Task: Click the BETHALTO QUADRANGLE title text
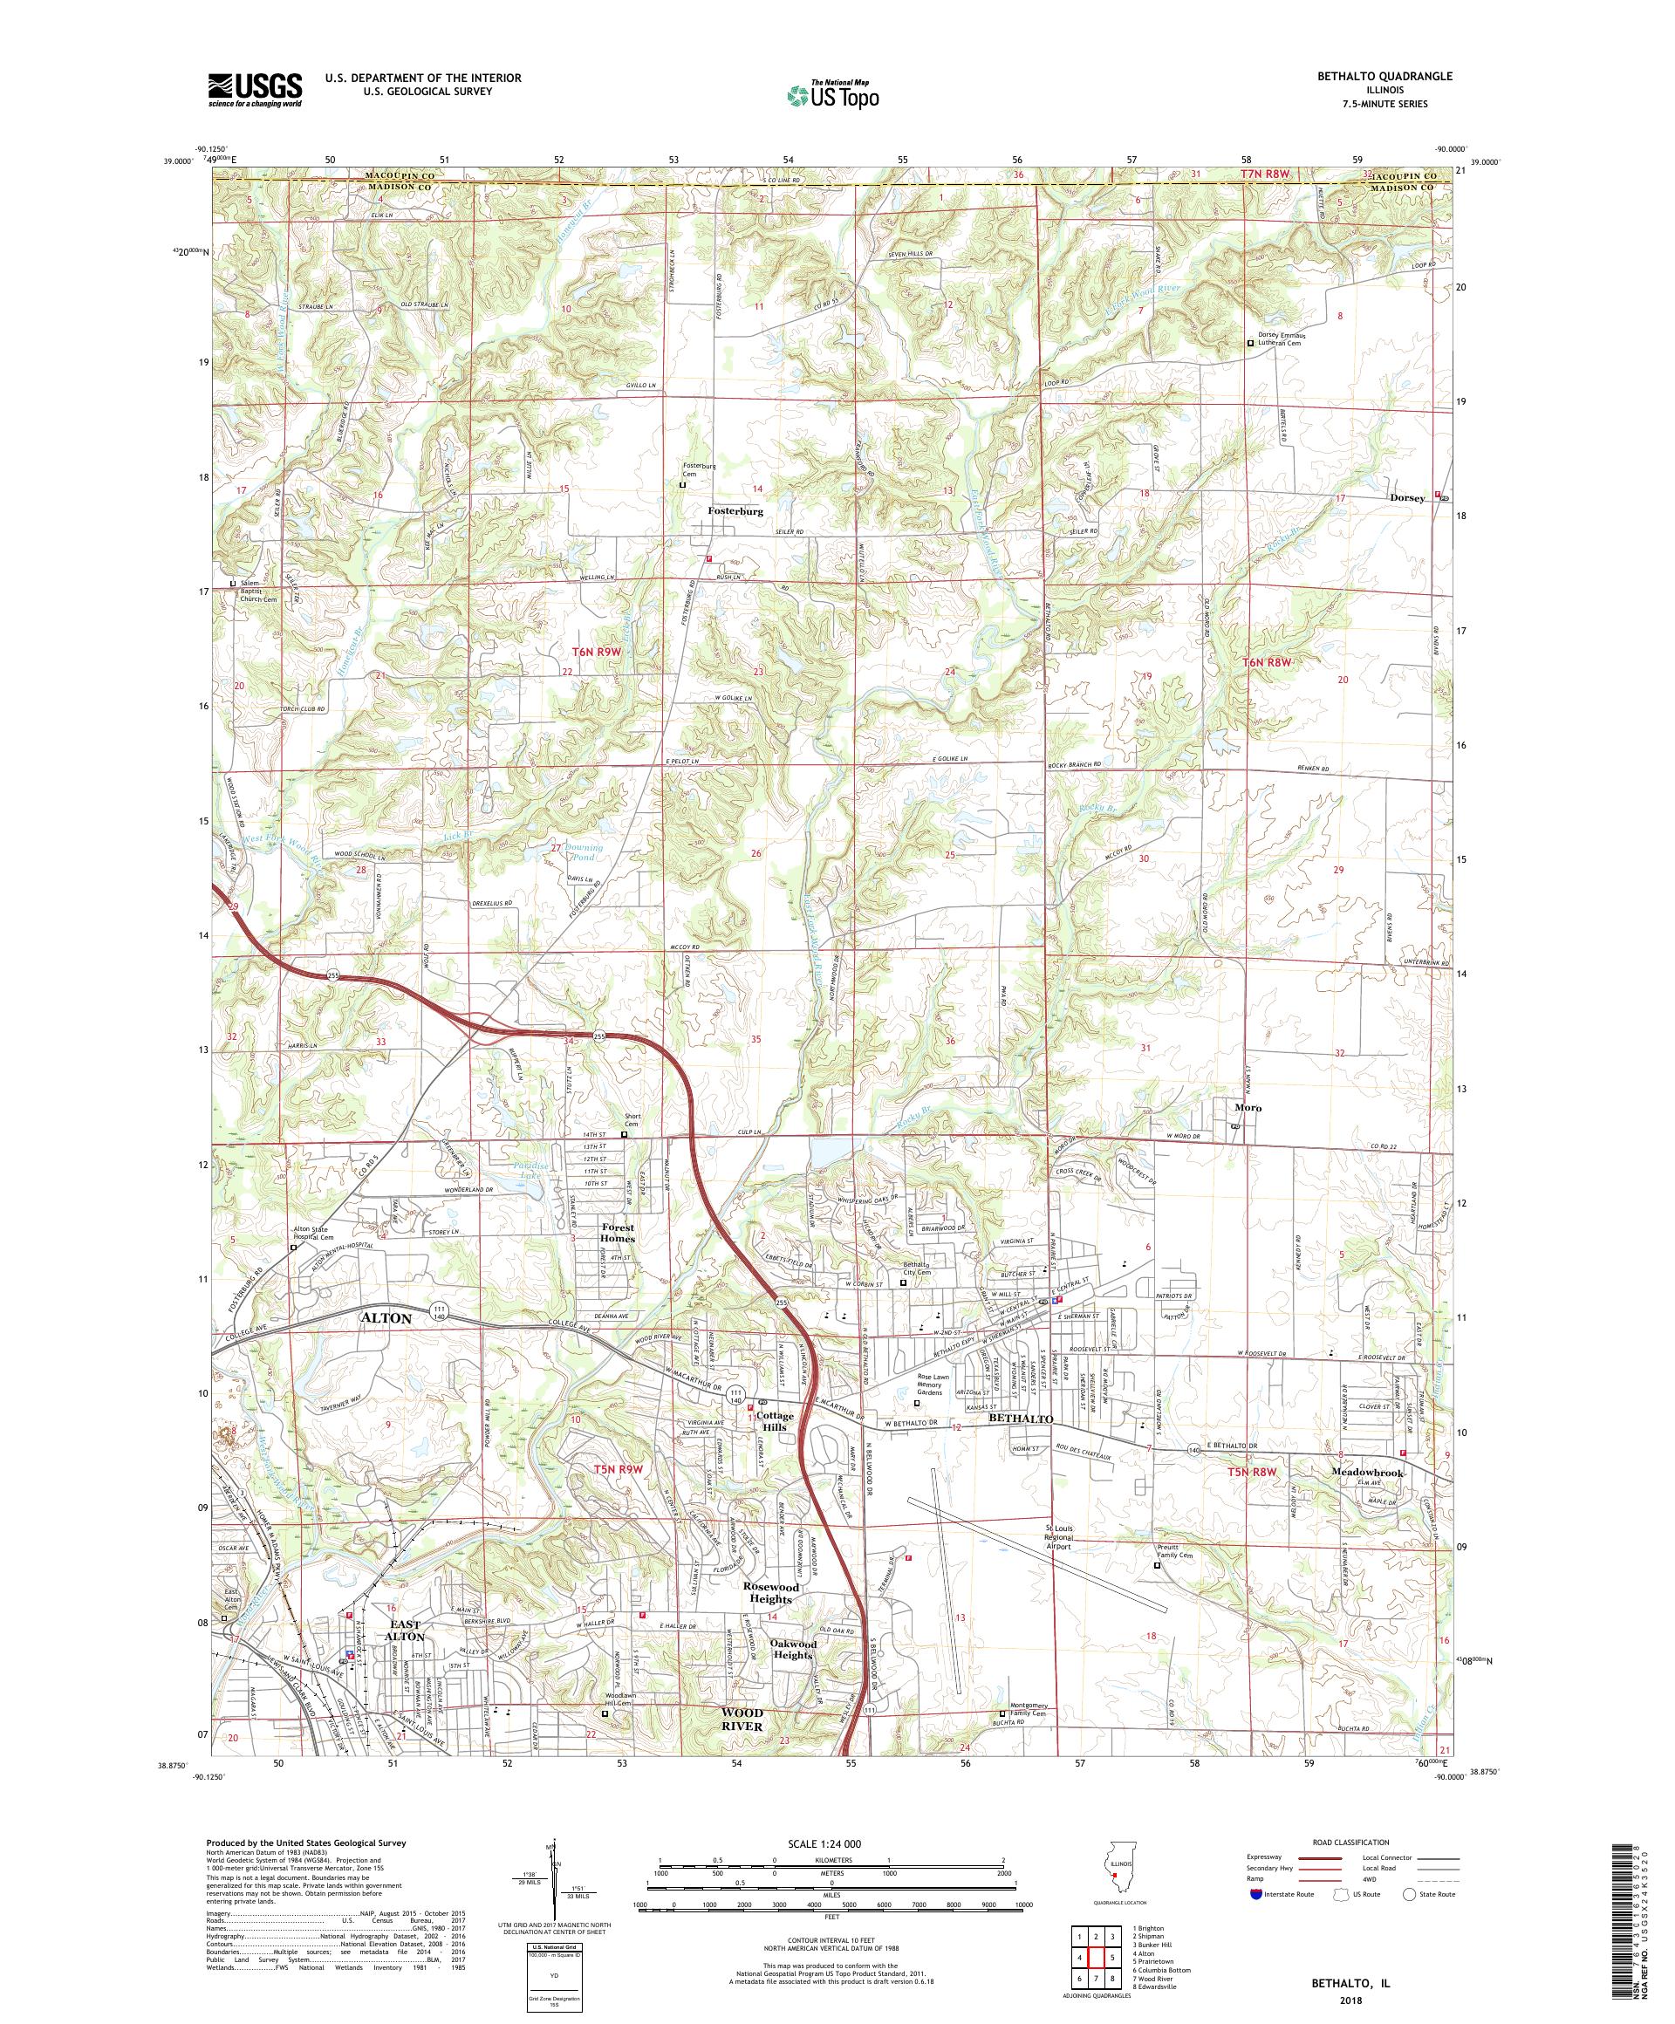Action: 1389,76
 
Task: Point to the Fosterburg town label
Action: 735,512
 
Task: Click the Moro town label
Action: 1248,1107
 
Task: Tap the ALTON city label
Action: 386,1316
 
